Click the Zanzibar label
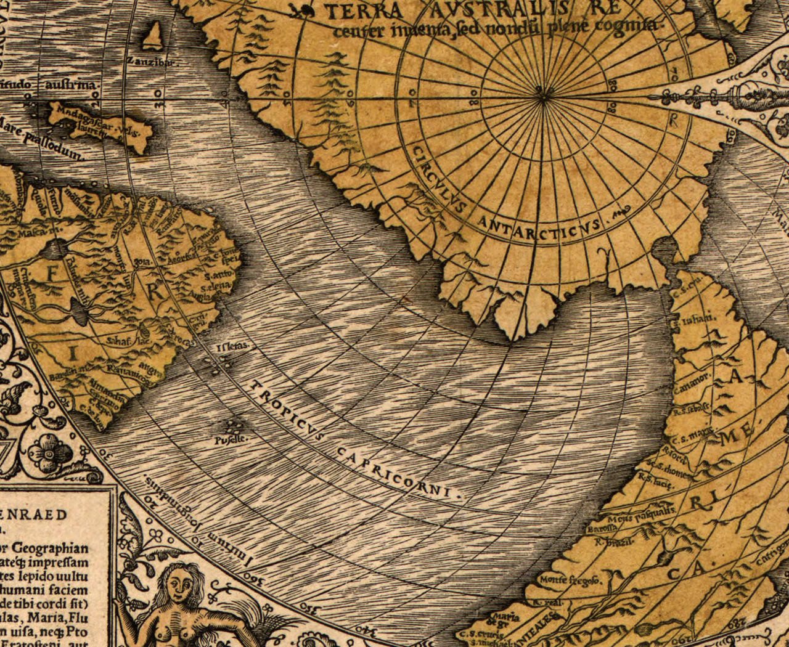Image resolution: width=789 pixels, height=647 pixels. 151,62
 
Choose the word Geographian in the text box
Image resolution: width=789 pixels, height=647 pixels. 51,548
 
